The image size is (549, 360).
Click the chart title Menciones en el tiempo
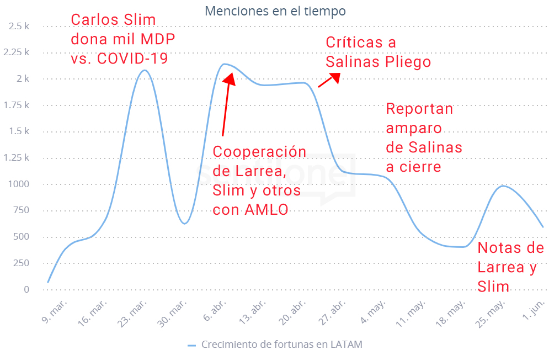(x=276, y=10)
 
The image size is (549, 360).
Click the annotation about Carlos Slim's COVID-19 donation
(x=119, y=39)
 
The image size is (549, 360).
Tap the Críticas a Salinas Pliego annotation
(x=377, y=52)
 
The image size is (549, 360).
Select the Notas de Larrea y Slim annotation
(x=510, y=267)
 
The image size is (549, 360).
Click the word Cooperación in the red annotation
(x=259, y=152)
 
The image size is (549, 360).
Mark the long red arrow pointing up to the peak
(x=226, y=105)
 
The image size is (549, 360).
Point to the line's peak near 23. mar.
(x=145, y=70)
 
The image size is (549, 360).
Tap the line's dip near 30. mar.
(x=185, y=223)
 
